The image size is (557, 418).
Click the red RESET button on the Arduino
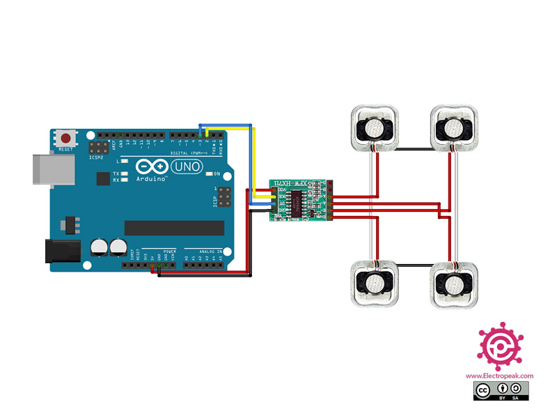(x=67, y=137)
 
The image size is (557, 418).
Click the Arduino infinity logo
(x=152, y=167)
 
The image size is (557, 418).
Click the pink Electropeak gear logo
(x=499, y=346)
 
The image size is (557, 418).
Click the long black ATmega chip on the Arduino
(x=174, y=228)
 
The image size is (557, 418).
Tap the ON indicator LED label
(x=217, y=173)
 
